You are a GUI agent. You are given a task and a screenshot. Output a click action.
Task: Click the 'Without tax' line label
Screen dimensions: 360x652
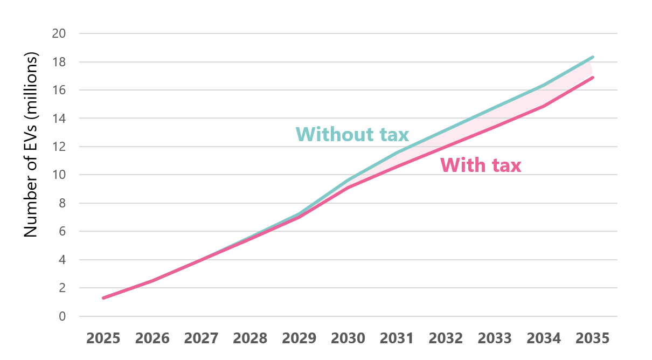pos(352,134)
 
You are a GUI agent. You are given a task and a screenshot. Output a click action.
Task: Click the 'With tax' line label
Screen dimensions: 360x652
pos(481,165)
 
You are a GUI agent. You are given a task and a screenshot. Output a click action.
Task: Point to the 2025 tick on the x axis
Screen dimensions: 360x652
pos(103,338)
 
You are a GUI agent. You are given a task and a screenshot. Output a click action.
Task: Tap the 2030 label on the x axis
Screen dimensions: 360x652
pos(348,338)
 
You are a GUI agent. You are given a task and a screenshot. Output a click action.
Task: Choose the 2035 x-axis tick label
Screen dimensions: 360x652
pos(593,338)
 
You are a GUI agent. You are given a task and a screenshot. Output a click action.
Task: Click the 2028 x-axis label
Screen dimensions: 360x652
pos(250,338)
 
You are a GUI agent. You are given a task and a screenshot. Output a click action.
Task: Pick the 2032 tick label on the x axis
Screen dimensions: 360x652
pos(446,338)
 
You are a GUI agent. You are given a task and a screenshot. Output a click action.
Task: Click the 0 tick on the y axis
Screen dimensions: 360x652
pos(62,316)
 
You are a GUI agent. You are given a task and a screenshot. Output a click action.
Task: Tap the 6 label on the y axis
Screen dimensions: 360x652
pos(62,232)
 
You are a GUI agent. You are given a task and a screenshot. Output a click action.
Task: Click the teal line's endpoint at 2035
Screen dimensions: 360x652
pos(593,57)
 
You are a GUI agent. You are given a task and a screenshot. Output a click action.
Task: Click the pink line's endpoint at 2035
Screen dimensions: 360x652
pos(593,78)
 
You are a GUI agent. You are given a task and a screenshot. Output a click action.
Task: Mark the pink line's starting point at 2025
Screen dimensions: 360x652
pos(103,298)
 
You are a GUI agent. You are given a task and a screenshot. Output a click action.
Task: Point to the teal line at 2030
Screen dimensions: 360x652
pos(348,181)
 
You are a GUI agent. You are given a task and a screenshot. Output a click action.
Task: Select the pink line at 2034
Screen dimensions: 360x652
pos(544,106)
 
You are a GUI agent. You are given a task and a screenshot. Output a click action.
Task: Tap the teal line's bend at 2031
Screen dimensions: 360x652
pos(397,153)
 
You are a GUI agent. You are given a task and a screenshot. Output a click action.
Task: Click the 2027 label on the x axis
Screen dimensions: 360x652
pos(201,338)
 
